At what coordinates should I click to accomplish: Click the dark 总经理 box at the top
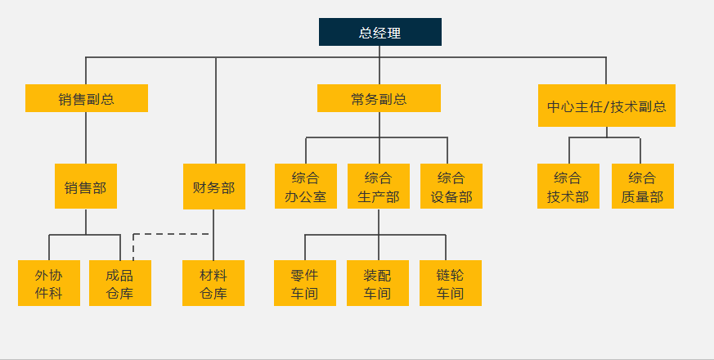point(379,32)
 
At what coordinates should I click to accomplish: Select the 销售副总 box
point(86,98)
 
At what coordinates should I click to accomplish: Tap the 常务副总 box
point(379,98)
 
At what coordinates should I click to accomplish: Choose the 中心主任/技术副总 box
point(606,106)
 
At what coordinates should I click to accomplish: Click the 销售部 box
point(85,187)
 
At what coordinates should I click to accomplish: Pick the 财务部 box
point(213,187)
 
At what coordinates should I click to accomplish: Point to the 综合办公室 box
point(305,187)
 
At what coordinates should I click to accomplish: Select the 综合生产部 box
point(378,187)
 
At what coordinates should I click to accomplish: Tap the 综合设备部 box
point(451,187)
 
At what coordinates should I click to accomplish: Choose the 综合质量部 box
point(642,187)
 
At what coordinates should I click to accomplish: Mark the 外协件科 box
point(49,283)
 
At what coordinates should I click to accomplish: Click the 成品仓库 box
point(120,283)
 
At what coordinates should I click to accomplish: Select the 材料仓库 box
point(213,283)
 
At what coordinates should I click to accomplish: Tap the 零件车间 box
point(304,283)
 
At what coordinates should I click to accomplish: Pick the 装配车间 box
point(377,283)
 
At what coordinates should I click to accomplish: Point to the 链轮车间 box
point(450,283)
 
